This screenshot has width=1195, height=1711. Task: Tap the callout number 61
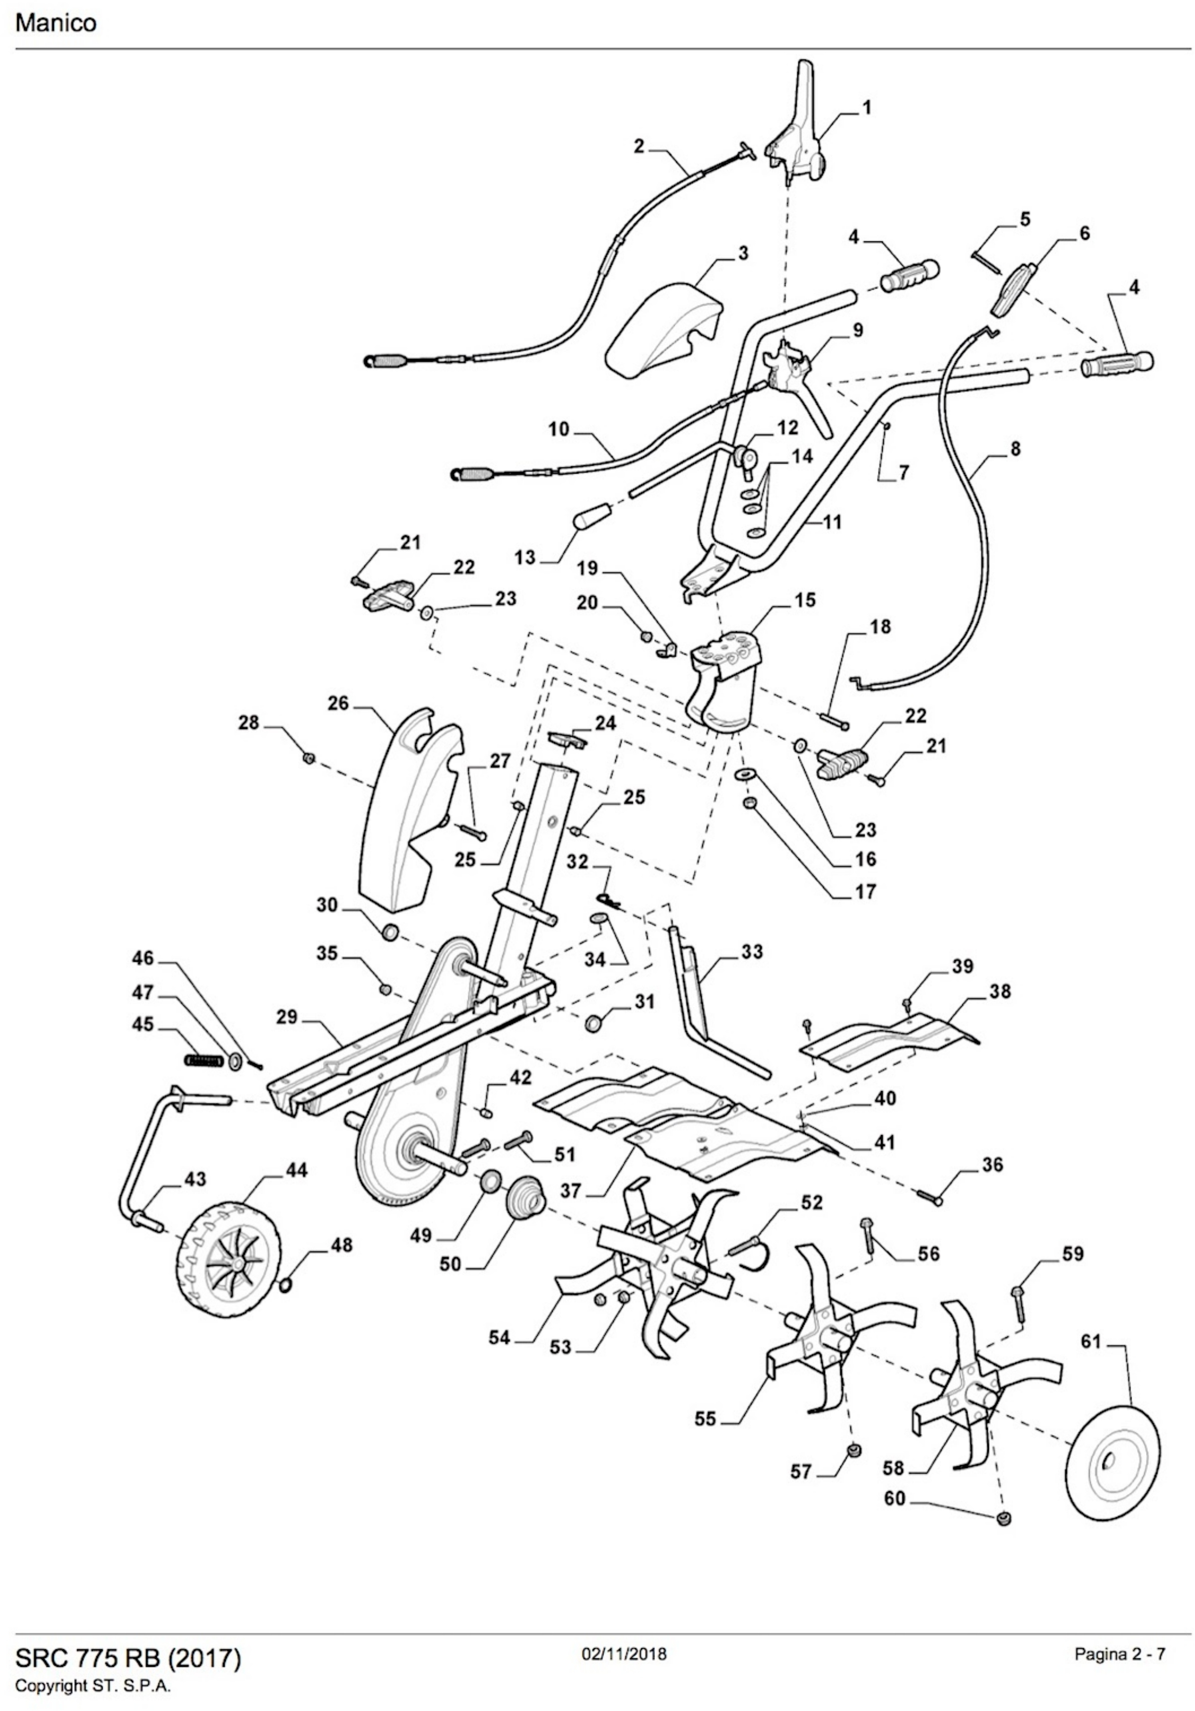tap(1091, 1342)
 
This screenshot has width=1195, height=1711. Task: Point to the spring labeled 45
tap(203, 1059)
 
